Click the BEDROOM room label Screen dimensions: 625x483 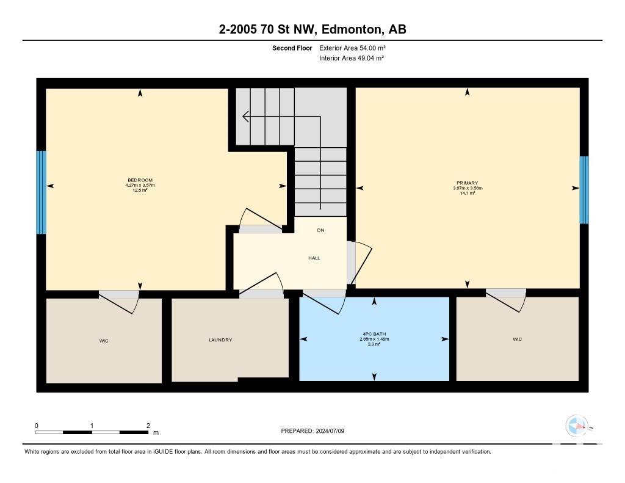[x=140, y=180]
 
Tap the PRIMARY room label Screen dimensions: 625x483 [x=467, y=183]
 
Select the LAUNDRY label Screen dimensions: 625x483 [x=220, y=340]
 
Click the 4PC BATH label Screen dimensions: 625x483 [x=374, y=334]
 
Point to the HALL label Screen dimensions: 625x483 [x=314, y=258]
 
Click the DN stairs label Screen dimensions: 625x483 [x=321, y=230]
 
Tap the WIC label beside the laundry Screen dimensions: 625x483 [x=104, y=341]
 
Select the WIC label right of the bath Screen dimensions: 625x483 [x=518, y=340]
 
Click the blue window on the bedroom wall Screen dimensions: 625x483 [x=41, y=192]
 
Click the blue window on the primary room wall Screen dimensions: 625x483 [x=584, y=190]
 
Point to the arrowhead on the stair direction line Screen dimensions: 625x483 [x=245, y=117]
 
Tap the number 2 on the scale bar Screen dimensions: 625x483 [x=148, y=426]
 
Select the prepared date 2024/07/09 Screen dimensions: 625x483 [x=330, y=431]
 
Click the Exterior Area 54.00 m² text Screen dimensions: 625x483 [x=352, y=48]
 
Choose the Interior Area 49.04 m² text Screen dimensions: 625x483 [x=352, y=58]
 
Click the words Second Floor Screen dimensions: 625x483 [x=292, y=48]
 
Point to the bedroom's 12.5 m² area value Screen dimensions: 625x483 [x=140, y=191]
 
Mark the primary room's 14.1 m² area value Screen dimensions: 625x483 [x=467, y=193]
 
